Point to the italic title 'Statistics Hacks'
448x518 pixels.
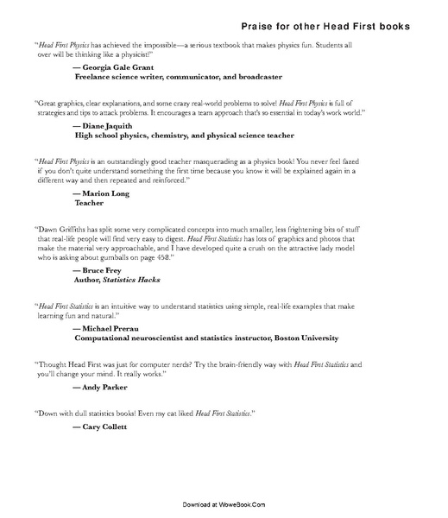point(132,280)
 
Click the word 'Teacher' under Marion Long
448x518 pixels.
point(89,204)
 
